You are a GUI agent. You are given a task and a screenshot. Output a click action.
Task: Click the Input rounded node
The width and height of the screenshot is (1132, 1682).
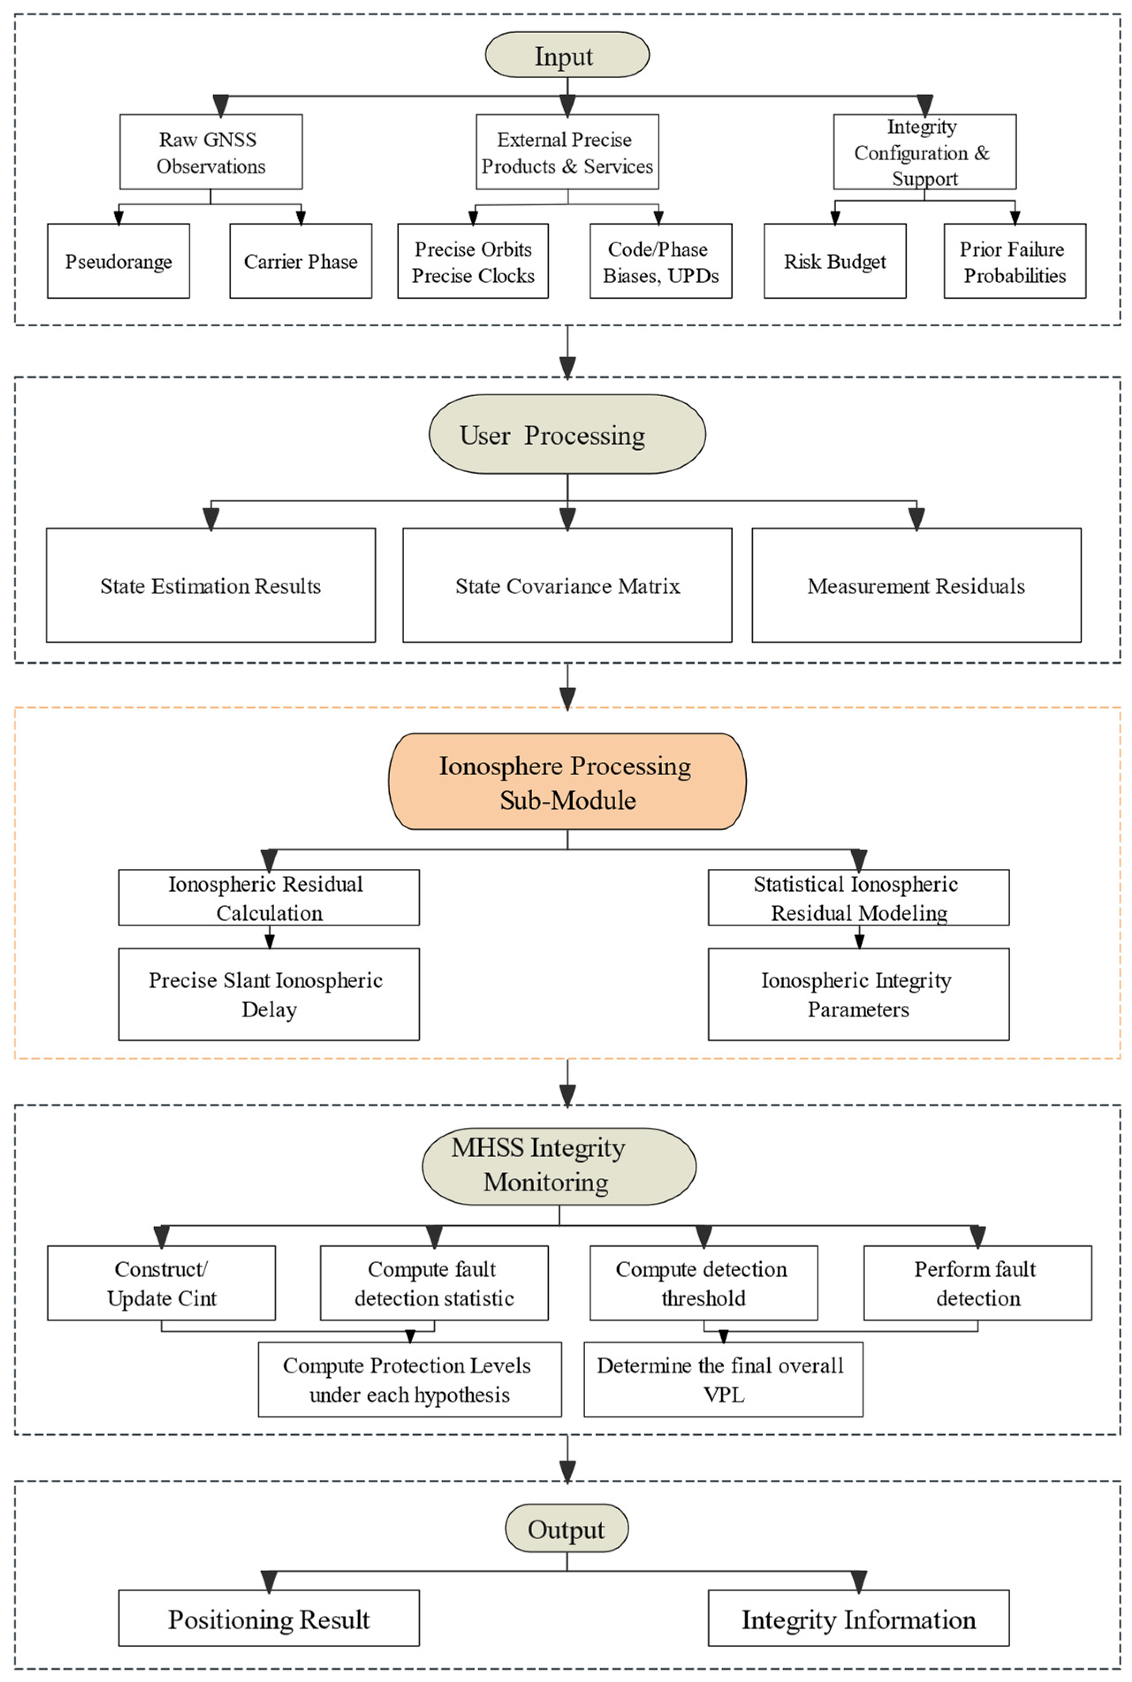pyautogui.click(x=567, y=55)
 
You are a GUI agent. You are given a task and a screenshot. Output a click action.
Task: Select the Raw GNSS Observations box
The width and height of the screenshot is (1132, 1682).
pyautogui.click(x=211, y=152)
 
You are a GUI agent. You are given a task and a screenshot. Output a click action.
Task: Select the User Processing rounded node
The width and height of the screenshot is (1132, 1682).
pyautogui.click(x=567, y=434)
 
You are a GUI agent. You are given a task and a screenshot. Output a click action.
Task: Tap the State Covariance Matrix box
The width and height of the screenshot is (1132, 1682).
pyautogui.click(x=567, y=585)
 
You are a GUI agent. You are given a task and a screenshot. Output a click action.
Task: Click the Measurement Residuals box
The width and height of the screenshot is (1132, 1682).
pyautogui.click(x=916, y=585)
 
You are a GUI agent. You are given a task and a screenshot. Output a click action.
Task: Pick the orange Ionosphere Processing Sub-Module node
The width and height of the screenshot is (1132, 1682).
pyautogui.click(x=567, y=781)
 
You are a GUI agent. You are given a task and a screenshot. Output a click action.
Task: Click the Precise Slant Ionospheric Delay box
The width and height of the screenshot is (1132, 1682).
pyautogui.click(x=269, y=994)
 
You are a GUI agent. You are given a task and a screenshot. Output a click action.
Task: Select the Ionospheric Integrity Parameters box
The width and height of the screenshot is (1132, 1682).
pyautogui.click(x=858, y=994)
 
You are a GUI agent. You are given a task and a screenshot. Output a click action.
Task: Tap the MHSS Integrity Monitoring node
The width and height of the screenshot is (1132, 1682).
pyautogui.click(x=559, y=1165)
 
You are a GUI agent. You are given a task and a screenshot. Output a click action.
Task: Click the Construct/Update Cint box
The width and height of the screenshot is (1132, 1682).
pyautogui.click(x=161, y=1283)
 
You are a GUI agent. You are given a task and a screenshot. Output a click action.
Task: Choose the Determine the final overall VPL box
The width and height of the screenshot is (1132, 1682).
pyautogui.click(x=723, y=1379)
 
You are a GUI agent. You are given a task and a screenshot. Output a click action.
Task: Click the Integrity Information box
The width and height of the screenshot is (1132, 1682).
pyautogui.click(x=858, y=1619)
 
